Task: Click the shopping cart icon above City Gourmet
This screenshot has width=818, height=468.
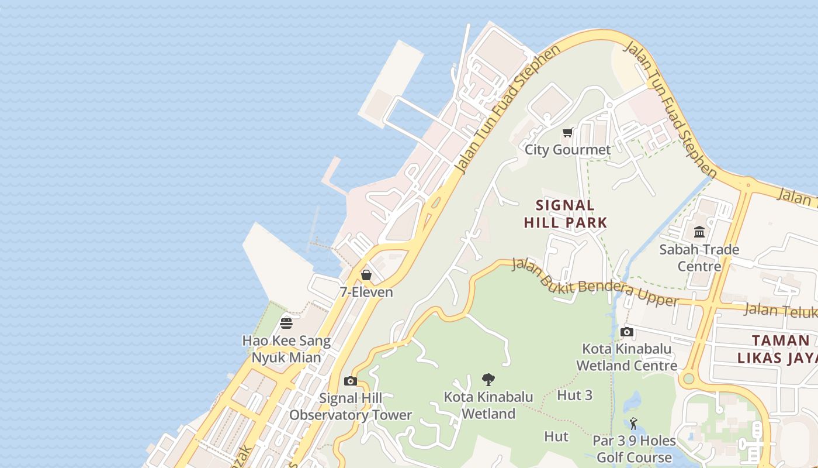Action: pos(568,133)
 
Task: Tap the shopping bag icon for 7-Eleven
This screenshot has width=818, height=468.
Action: pos(366,274)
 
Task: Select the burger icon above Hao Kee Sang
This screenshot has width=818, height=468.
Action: pos(286,323)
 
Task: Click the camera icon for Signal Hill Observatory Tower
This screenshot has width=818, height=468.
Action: pos(351,381)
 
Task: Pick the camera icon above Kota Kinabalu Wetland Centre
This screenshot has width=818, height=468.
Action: pos(627,332)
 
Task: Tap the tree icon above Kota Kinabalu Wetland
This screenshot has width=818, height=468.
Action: pos(488,380)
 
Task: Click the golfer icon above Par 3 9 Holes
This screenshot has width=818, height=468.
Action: pos(634,424)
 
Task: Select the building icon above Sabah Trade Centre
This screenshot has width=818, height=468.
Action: pos(699,232)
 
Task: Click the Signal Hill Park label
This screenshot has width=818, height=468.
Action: pos(566,214)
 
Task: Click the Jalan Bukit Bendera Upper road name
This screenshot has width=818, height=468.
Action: pos(595,283)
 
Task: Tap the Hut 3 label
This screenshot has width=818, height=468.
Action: pos(575,395)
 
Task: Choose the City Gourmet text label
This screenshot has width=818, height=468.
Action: pos(567,150)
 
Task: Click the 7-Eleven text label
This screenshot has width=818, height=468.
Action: pos(366,292)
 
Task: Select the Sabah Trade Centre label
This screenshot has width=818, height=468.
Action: pos(699,258)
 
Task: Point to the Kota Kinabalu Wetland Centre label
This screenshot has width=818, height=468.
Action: pos(627,357)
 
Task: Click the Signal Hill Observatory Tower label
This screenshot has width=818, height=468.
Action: pos(351,407)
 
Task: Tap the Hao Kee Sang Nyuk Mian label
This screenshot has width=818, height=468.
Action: pos(286,349)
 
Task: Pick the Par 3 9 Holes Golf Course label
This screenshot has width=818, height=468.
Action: pos(634,449)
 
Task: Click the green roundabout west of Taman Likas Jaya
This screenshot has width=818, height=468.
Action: pos(689,378)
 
